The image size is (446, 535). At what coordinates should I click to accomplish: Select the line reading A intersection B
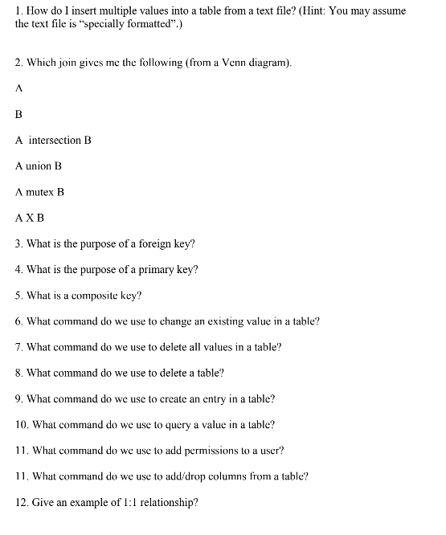pos(53,141)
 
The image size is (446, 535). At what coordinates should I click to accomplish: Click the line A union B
pos(39,166)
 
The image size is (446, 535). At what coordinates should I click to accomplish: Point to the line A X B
pos(30,218)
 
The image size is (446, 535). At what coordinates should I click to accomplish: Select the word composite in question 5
pos(95,296)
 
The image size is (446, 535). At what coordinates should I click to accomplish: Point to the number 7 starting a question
pos(18,347)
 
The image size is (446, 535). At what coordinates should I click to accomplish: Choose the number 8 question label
pos(18,373)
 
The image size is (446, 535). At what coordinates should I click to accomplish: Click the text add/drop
pos(187,476)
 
